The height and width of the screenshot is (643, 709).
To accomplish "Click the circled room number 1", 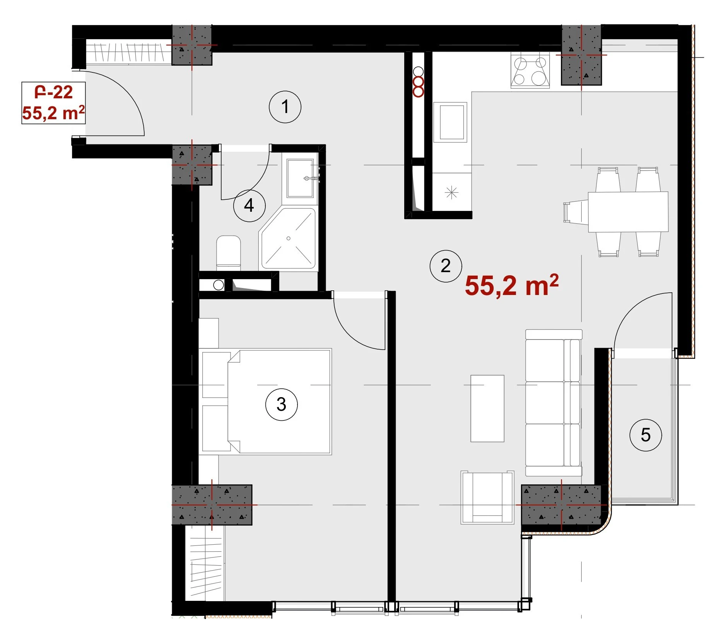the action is click(285, 107).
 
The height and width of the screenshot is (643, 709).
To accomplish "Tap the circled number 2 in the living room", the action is click(446, 266).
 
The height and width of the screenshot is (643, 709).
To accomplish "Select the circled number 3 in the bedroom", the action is click(281, 405).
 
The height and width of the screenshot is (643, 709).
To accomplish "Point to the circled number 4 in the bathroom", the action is click(249, 206).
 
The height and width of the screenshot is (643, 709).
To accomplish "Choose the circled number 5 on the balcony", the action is click(646, 435).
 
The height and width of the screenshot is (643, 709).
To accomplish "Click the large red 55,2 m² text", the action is click(511, 285).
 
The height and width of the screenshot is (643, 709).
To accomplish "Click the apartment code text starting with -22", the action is click(53, 92).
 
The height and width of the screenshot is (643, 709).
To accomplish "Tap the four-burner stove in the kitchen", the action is click(530, 70).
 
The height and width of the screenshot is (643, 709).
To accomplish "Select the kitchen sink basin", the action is click(450, 122).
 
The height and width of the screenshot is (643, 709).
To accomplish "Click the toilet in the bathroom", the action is click(228, 253).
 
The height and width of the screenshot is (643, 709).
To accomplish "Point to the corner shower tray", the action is click(289, 238).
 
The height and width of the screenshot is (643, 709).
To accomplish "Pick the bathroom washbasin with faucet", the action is click(300, 178).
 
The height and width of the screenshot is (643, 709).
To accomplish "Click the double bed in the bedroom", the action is click(267, 401).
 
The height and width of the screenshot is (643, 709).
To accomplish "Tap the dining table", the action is click(628, 211).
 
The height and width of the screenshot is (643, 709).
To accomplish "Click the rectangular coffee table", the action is click(487, 408).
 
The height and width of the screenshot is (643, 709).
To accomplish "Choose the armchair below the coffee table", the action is click(487, 497).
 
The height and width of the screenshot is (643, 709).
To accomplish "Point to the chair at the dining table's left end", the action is click(576, 212).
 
